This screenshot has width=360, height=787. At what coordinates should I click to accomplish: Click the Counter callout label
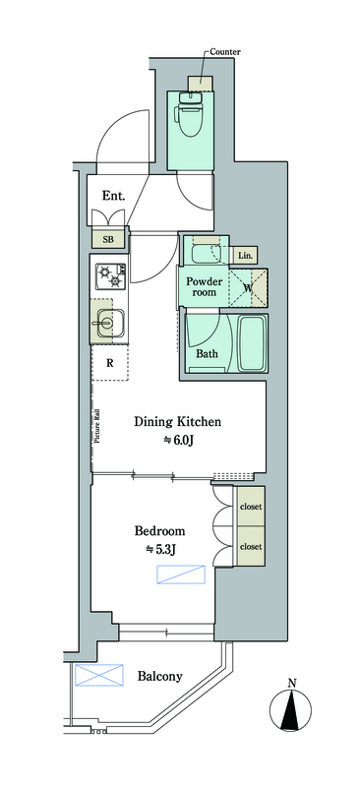(x=225, y=52)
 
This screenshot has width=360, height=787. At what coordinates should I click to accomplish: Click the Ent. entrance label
(x=113, y=195)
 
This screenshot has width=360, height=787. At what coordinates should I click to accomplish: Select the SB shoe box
(x=108, y=239)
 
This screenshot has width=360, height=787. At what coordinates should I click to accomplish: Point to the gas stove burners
(x=111, y=277)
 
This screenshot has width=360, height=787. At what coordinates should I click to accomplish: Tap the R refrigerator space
(x=109, y=362)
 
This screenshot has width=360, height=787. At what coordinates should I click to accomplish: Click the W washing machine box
(x=248, y=287)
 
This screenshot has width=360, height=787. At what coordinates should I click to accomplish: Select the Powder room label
(x=205, y=286)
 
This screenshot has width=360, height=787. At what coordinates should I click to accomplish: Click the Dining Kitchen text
(x=177, y=422)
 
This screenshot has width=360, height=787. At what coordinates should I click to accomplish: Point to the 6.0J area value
(x=177, y=441)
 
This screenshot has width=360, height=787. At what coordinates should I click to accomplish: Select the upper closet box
(x=251, y=506)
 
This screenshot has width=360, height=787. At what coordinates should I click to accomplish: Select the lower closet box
(x=251, y=546)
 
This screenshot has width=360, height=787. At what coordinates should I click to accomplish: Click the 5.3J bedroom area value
(x=160, y=550)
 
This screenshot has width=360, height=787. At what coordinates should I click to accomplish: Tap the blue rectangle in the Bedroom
(x=181, y=575)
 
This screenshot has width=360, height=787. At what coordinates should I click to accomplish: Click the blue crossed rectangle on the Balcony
(x=99, y=675)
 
